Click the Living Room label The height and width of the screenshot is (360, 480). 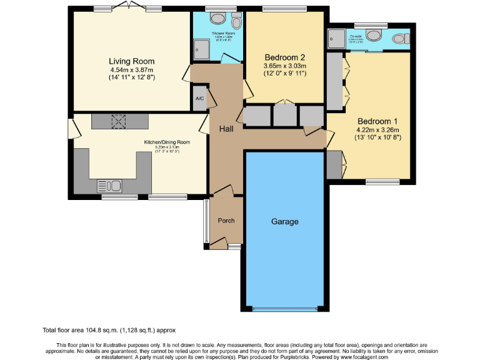pyautogui.click(x=131, y=61)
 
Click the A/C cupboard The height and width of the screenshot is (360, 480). pyautogui.click(x=199, y=99)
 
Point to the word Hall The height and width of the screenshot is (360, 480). pyautogui.click(x=226, y=129)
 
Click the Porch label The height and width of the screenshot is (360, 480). pyautogui.click(x=226, y=221)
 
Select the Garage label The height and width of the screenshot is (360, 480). pyautogui.click(x=284, y=221)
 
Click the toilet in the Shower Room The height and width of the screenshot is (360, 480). pyautogui.click(x=236, y=18)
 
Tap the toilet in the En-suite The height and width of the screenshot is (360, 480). pyautogui.click(x=399, y=39)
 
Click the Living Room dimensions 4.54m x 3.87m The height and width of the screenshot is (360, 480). pyautogui.click(x=131, y=71)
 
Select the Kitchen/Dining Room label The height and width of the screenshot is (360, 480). pyautogui.click(x=167, y=142)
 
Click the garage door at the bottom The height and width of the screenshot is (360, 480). pyautogui.click(x=284, y=309)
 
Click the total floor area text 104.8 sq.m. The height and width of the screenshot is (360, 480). pyautogui.click(x=113, y=329)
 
